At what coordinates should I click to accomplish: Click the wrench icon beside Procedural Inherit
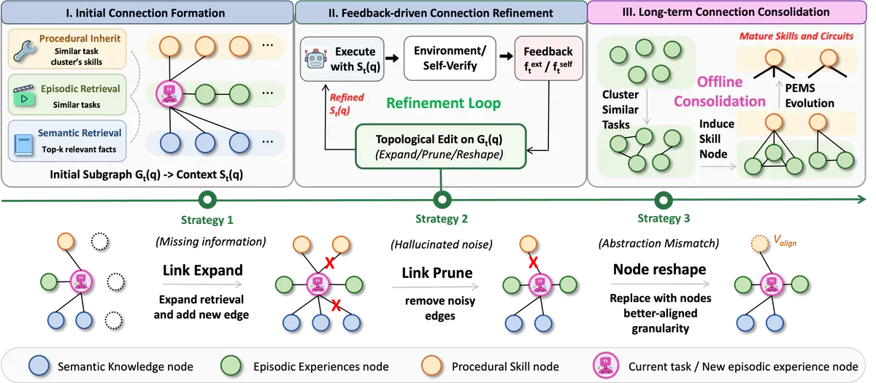pos(25,51)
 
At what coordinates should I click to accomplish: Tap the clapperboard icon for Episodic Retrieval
pos(24,96)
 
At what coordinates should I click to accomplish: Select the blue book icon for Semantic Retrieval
pos(23,144)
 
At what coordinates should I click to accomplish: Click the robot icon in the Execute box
pos(316,59)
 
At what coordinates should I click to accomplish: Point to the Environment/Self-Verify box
pos(450,58)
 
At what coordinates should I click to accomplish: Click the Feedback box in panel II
pos(548,58)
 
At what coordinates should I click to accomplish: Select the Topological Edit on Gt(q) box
pos(440,147)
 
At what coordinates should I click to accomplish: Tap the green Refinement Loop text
pos(444,103)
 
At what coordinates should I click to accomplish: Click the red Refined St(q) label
pos(346,104)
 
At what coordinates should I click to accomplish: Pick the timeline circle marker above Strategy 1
pos(207,200)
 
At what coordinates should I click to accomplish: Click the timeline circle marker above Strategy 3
pos(664,200)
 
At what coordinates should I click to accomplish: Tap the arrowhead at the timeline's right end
pos(862,199)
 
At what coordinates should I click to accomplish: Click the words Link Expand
pos(203,270)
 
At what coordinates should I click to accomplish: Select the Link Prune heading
pos(437,273)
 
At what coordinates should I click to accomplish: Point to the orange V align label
pos(785,240)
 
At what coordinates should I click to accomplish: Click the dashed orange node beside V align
pos(759,243)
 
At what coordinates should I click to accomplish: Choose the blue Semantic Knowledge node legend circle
pos(39,365)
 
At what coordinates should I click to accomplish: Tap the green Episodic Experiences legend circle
pos(231,365)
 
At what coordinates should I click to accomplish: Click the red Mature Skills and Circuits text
pos(796,36)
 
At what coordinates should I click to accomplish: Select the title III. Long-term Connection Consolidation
pos(726,12)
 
